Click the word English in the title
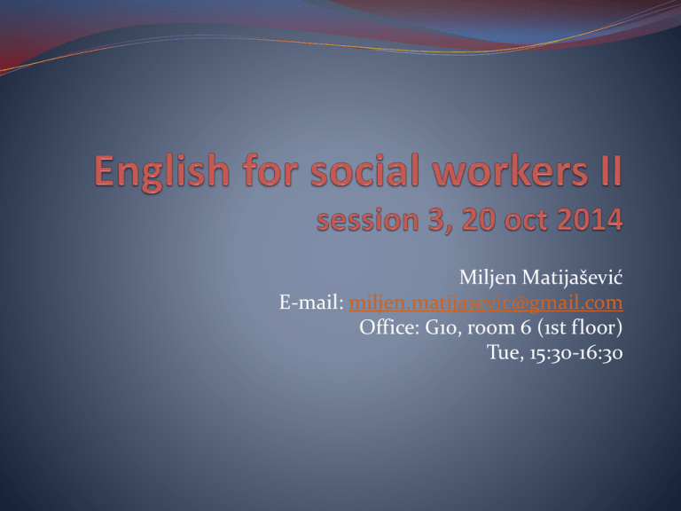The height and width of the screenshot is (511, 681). (161, 172)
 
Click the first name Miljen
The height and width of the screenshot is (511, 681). (489, 278)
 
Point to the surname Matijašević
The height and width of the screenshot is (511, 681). (572, 277)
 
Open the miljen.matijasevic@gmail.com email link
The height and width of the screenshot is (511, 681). (486, 303)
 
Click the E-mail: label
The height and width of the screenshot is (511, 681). (311, 302)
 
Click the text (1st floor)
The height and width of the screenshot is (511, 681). (580, 327)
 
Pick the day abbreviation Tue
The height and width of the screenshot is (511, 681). (505, 352)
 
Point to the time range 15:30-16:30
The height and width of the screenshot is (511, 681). (575, 353)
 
